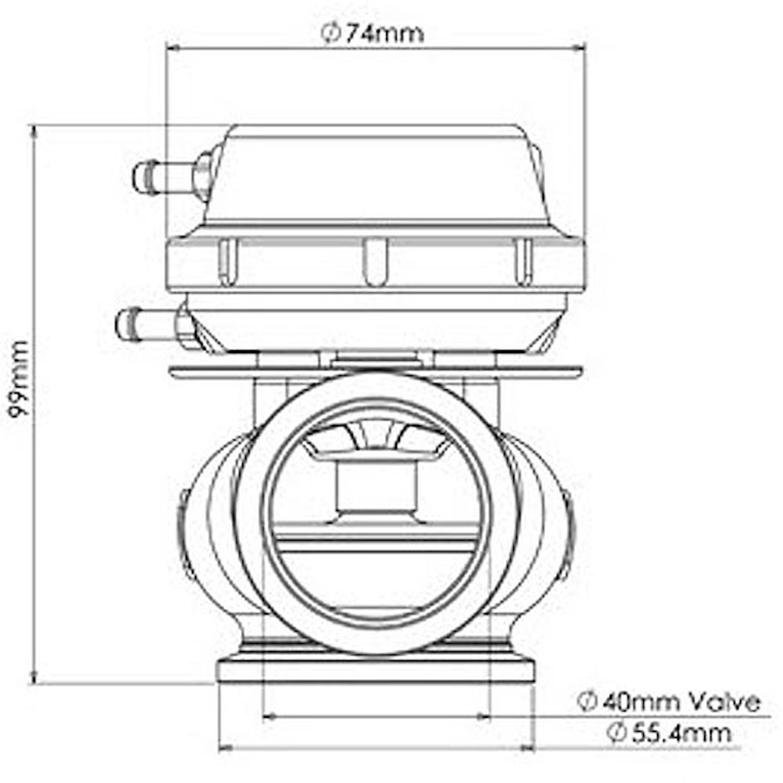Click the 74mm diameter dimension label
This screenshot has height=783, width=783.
pos(372,34)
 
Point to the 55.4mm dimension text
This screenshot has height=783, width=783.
pos(670,733)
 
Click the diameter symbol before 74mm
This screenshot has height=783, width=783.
pos(329,34)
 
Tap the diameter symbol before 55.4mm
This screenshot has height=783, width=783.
pos(617,733)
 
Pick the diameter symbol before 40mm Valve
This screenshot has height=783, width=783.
pos(586,701)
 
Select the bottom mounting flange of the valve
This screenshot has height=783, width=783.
pos(375,671)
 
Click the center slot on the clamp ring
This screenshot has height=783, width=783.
pos(375,261)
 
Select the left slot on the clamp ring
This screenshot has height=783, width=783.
pos(228,261)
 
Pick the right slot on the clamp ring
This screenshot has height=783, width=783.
pos(522,261)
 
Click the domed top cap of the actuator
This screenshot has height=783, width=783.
pos(375,176)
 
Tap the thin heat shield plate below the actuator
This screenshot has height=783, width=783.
pos(375,373)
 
